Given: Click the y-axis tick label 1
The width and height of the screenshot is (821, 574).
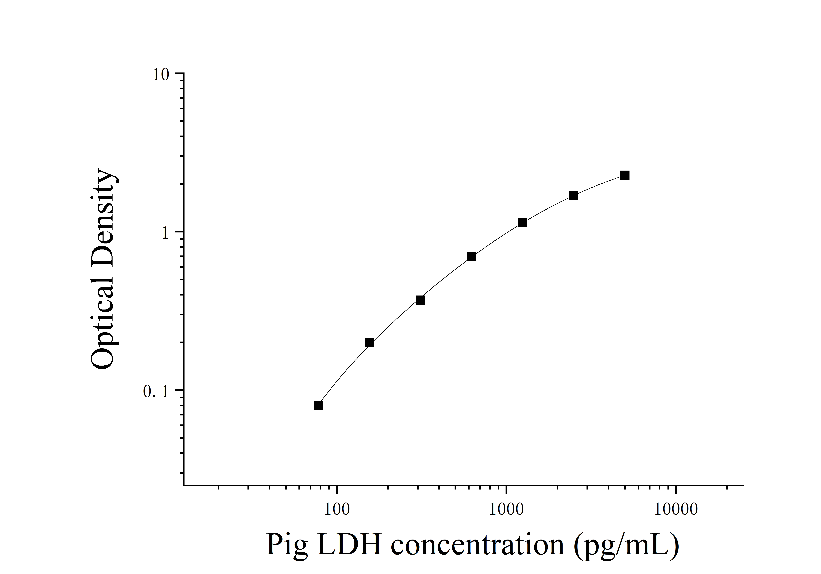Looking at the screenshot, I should click(165, 233).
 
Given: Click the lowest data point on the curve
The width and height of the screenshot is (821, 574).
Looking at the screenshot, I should click(318, 405).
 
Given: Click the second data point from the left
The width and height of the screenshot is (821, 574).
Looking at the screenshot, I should click(369, 342).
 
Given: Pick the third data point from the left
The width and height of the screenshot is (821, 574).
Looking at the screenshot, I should click(421, 300).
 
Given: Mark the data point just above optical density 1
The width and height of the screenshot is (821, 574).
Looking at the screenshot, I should click(522, 222).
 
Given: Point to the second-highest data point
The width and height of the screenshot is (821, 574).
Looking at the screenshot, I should click(574, 196).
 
